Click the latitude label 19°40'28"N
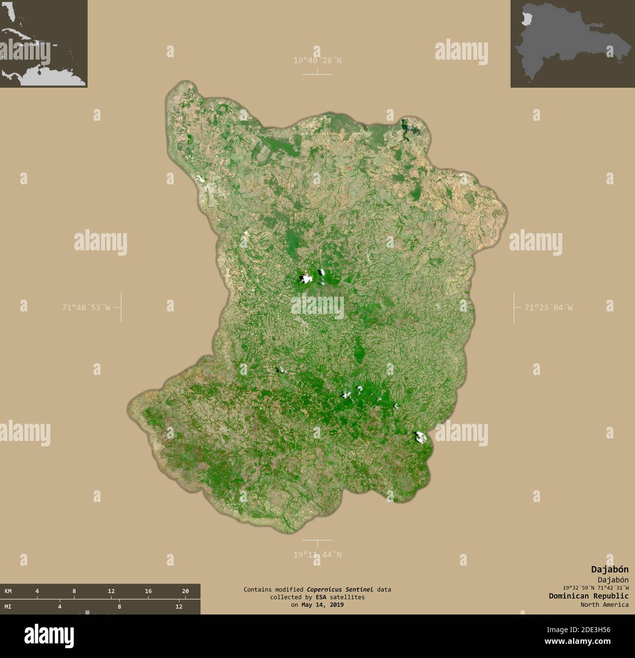point(317,61)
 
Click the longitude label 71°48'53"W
point(86,307)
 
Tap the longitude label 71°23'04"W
point(549,307)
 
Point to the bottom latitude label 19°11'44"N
point(317,554)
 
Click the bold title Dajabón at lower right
point(610,569)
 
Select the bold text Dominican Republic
point(589,596)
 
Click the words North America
point(605,605)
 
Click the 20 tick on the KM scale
point(185,591)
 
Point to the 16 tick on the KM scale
point(148,591)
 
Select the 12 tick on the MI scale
point(179,607)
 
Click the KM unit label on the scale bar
point(8,591)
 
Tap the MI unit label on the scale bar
point(8,607)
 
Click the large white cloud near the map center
point(306,279)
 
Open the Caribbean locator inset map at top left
point(43,44)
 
